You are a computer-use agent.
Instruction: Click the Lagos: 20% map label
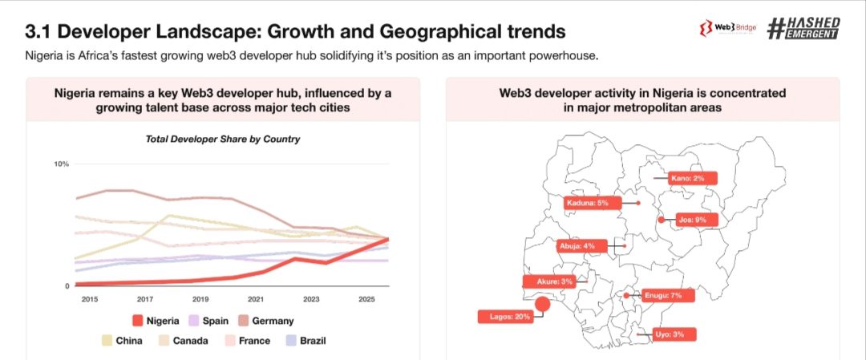click(x=506, y=317)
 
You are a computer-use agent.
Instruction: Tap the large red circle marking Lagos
click(x=543, y=304)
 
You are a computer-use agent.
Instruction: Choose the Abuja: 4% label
click(x=577, y=245)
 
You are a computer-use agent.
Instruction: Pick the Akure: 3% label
click(x=550, y=281)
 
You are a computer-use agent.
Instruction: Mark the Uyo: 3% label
click(x=669, y=334)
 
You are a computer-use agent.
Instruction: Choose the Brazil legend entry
click(x=306, y=341)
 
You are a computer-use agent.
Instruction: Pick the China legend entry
click(x=119, y=341)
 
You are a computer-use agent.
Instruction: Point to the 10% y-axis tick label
click(x=61, y=164)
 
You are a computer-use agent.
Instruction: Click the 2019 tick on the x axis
click(x=200, y=299)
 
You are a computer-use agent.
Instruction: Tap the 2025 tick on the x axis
click(x=366, y=299)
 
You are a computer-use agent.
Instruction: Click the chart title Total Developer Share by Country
click(x=222, y=140)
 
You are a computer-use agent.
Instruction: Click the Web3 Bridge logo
click(x=728, y=30)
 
